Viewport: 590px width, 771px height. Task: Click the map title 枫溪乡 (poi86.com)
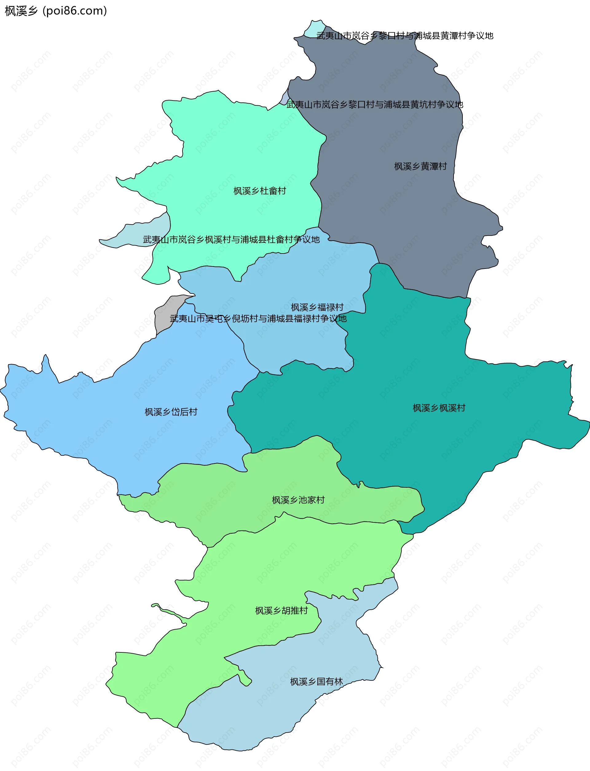(x=56, y=11)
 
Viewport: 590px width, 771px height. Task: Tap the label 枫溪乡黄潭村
(x=420, y=167)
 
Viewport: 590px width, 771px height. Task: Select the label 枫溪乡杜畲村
(x=260, y=191)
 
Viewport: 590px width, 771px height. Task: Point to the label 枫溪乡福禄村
(x=317, y=307)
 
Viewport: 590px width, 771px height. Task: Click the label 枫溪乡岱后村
(x=171, y=412)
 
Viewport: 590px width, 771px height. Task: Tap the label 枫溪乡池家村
(x=298, y=500)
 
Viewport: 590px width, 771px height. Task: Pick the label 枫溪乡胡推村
(x=281, y=611)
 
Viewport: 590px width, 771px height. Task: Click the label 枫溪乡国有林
(x=316, y=682)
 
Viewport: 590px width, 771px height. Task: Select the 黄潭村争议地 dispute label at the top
(x=405, y=35)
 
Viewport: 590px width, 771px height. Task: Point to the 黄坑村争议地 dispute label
(x=374, y=104)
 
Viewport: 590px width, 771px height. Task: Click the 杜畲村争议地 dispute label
(x=231, y=239)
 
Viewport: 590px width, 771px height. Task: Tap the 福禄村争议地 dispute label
(x=258, y=318)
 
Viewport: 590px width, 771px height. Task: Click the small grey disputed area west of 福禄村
(x=164, y=315)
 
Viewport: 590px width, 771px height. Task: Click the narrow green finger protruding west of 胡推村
(x=169, y=613)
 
